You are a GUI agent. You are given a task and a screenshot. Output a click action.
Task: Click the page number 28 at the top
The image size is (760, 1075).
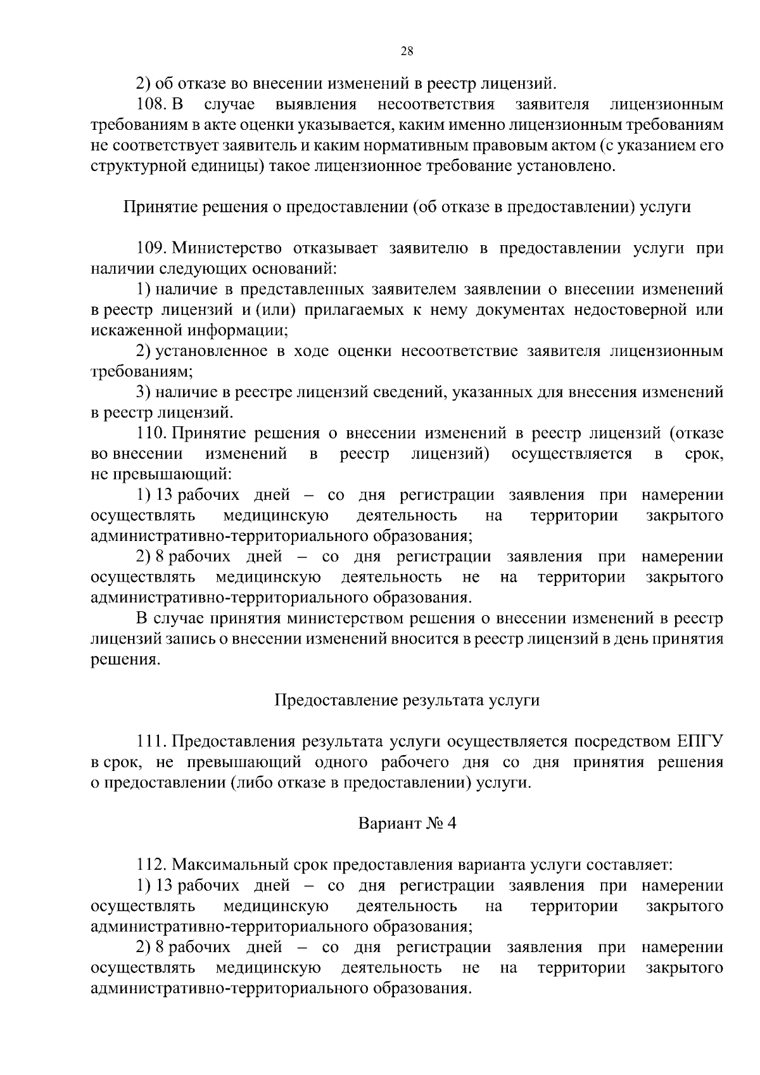pyautogui.click(x=407, y=52)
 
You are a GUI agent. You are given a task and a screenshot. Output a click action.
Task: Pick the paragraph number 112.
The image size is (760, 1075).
pyautogui.click(x=152, y=865)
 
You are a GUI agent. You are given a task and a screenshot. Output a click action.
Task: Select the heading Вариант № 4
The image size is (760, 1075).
pyautogui.click(x=407, y=824)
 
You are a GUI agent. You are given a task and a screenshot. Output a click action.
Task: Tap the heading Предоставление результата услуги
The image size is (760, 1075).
pyautogui.click(x=407, y=701)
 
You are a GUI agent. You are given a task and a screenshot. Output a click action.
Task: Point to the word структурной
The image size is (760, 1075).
pyautogui.click(x=129, y=166)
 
